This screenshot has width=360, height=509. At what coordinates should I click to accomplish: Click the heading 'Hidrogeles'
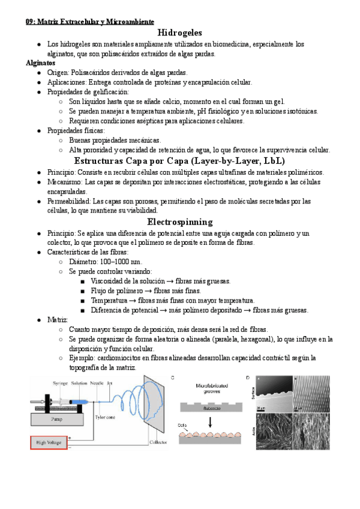coord(179,32)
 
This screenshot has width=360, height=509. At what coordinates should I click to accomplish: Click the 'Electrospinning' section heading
coord(179,221)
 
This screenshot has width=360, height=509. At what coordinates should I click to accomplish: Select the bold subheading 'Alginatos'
coord(41,62)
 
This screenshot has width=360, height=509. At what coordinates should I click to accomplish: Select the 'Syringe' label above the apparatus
coord(52,383)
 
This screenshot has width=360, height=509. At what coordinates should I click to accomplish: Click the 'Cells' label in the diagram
coord(185,425)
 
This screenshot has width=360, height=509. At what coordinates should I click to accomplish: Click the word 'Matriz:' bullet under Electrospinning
coord(58,319)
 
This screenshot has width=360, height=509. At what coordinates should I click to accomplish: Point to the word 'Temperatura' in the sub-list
coord(111,300)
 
